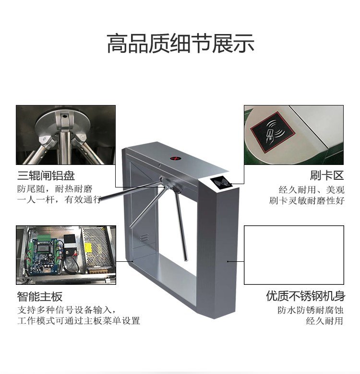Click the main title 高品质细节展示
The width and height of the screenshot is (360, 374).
180,44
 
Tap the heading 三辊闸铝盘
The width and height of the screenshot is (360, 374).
46,176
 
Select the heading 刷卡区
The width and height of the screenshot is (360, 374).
327,176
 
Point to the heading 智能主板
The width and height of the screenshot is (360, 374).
40,296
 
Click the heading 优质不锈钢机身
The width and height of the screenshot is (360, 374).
306,296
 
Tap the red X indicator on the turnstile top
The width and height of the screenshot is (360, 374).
175,158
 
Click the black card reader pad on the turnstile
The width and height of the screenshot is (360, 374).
221,183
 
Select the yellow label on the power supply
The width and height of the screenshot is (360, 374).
88,248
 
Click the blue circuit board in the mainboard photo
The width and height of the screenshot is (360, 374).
44,255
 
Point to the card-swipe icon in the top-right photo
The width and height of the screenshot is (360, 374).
272,132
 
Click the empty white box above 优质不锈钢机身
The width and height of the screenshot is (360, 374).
294,255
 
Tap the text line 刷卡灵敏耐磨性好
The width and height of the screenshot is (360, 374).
307,200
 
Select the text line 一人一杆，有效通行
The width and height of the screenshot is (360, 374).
59,199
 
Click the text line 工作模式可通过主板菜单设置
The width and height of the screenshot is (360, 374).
79,321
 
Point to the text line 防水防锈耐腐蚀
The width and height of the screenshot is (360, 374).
311,310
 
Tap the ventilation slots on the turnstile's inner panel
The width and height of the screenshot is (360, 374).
144,237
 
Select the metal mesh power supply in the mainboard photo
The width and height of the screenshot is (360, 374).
97,250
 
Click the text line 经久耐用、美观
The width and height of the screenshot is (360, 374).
312,190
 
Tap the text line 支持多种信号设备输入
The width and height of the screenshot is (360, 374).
66,310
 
